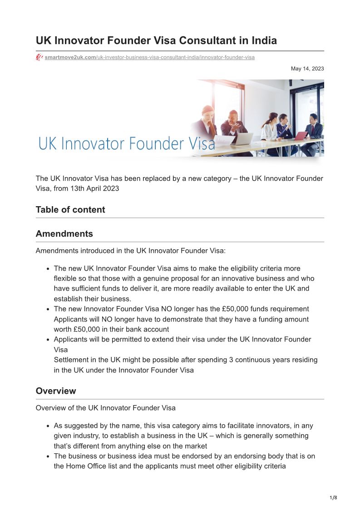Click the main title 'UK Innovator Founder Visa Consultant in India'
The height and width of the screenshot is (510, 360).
click(x=156, y=40)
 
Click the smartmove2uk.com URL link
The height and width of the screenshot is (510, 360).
click(x=149, y=58)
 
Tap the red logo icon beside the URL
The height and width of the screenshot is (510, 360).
click(x=39, y=58)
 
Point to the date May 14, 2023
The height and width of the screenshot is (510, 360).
click(x=307, y=69)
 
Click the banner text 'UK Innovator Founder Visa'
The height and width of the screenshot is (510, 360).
click(x=127, y=143)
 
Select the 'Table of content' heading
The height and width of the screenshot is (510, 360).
click(x=70, y=209)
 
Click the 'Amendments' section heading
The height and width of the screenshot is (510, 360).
click(x=64, y=234)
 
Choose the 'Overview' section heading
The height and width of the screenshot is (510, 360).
click(x=56, y=391)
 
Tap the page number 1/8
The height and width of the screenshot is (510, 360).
click(x=333, y=498)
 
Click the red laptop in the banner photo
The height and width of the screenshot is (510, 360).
click(x=301, y=135)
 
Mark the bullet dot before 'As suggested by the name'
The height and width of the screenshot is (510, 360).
click(x=48, y=426)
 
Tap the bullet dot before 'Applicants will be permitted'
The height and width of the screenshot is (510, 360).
click(x=48, y=340)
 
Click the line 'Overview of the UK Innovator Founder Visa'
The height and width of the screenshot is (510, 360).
click(x=105, y=407)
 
